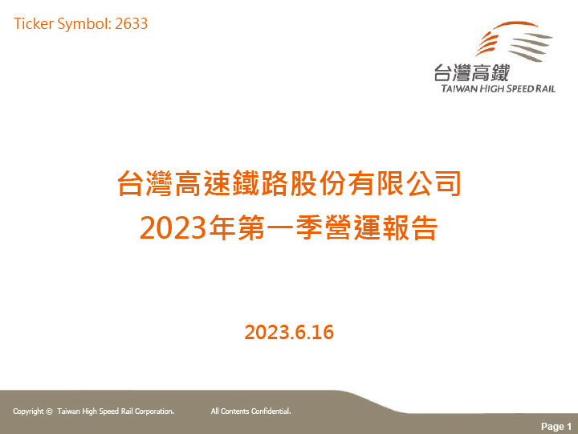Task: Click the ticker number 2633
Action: point(131,24)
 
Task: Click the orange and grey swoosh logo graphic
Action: point(514,41)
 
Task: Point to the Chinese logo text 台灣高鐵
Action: point(471,72)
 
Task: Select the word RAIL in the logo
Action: point(545,88)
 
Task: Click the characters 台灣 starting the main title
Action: point(144,183)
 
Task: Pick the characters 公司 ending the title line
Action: point(433,183)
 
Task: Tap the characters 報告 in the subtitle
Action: point(410,227)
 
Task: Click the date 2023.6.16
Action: point(289,332)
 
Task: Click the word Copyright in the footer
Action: point(28,411)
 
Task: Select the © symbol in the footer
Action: point(50,411)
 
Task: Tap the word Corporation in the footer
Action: point(154,411)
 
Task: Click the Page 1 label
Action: point(556,427)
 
